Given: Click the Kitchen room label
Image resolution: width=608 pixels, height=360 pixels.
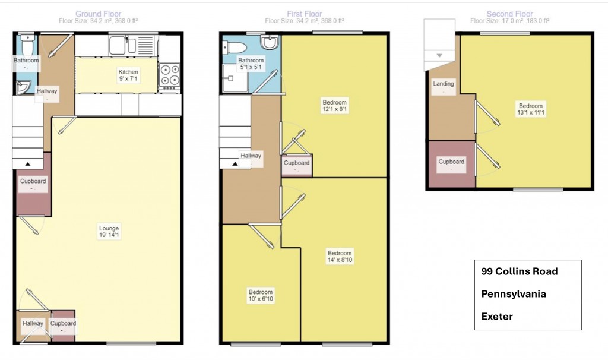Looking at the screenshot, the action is click(128, 75).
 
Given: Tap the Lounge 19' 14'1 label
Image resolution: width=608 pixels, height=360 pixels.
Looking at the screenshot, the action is click(109, 232).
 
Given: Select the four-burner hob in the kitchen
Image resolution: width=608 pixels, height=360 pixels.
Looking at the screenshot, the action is click(170, 75).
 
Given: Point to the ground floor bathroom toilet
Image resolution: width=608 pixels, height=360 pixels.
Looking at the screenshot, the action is click(27, 45).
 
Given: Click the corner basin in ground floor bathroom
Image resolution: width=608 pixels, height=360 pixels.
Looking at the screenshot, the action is click(23, 87).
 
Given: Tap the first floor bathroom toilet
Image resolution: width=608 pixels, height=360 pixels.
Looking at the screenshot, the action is click(235, 48).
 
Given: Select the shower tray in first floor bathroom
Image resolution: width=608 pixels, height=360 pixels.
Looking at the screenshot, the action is click(235, 78).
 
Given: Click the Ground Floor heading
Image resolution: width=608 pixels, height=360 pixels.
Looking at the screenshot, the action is click(98, 14).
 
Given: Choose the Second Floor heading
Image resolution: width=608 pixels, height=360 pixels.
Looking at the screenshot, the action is click(510, 14).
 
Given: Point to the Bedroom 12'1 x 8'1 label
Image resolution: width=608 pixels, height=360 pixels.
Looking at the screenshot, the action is click(335, 106).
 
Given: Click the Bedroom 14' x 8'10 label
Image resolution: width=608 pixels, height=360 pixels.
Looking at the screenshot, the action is click(340, 257).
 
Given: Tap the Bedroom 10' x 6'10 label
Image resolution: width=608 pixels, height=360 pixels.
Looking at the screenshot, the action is click(261, 296).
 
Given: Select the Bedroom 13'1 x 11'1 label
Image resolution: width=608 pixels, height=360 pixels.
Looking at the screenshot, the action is click(531, 109).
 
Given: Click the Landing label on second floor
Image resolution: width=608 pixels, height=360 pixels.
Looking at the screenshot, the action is click(444, 84).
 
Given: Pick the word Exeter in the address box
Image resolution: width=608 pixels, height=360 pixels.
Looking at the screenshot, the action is click(497, 317).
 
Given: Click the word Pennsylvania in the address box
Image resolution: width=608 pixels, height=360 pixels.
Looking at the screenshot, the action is click(514, 294).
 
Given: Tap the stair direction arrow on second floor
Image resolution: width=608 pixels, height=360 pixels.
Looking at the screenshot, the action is click(439, 55).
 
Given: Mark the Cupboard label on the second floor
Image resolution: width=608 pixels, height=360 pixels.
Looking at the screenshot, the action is click(451, 162).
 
